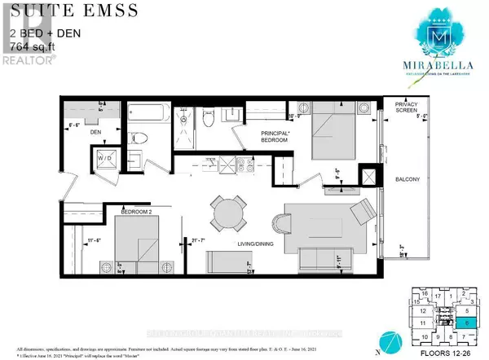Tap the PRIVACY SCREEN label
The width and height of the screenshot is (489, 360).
405,111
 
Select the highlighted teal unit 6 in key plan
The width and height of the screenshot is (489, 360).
468,323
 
